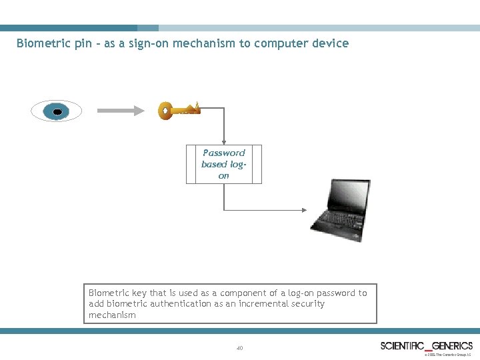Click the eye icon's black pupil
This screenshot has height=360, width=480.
57,111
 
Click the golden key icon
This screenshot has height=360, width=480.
178,110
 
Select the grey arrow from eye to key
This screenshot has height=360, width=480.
121,111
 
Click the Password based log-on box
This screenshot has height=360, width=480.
223,164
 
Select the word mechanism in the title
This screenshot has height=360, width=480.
200,43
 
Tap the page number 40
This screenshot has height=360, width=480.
240,348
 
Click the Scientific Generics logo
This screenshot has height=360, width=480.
427,345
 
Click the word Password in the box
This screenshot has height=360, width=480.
223,153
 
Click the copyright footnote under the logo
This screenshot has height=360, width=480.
447,355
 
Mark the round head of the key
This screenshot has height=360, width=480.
165,111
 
